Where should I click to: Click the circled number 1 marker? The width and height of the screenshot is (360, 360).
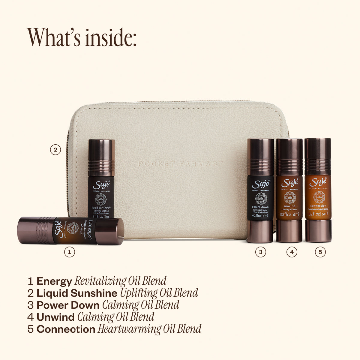(x=70, y=252)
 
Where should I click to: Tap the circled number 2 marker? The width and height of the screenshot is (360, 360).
(x=55, y=150)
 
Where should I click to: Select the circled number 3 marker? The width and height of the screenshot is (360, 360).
(x=260, y=252)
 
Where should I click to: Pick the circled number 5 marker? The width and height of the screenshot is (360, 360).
(x=320, y=252)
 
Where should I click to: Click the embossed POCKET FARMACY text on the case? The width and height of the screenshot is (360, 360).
(x=181, y=164)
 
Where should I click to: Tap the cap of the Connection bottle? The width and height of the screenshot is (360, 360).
(x=318, y=152)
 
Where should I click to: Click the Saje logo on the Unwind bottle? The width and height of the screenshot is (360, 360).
(x=289, y=182)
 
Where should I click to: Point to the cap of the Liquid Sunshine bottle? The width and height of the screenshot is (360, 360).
(x=101, y=157)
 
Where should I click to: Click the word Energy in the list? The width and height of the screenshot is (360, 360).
(x=54, y=281)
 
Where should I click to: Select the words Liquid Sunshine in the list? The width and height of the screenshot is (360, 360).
(x=77, y=293)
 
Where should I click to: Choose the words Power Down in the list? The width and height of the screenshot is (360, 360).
(x=68, y=305)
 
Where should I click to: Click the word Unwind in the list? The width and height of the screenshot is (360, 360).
(x=55, y=317)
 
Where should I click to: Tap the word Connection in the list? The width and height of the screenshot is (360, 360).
(x=66, y=329)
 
